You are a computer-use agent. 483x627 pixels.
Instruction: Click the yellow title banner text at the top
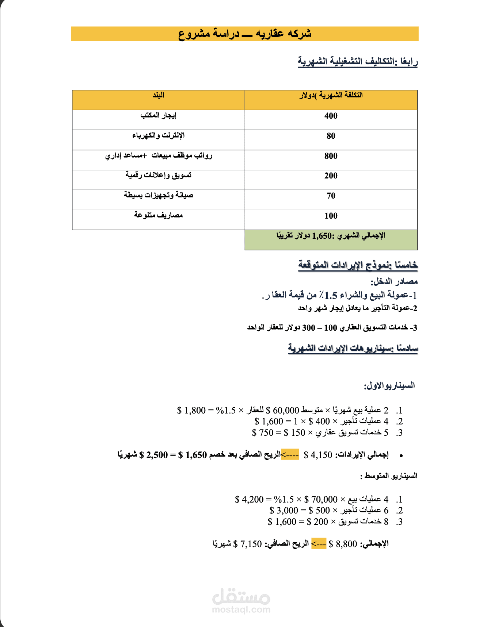(x=244, y=34)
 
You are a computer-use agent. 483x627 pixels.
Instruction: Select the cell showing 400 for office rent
(x=331, y=116)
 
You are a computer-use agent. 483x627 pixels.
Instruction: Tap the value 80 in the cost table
(x=331, y=136)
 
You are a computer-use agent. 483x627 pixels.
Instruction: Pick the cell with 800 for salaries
(x=331, y=156)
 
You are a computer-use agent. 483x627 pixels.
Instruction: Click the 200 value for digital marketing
(x=331, y=176)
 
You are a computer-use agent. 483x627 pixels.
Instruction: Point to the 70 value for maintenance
(x=331, y=196)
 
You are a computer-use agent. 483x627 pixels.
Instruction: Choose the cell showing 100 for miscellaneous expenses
(x=331, y=216)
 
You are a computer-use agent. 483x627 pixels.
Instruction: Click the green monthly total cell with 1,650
(x=331, y=236)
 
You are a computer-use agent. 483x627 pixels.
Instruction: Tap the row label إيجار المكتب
(x=158, y=116)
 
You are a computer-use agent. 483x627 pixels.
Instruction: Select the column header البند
(x=158, y=96)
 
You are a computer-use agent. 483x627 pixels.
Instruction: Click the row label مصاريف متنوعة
(x=158, y=215)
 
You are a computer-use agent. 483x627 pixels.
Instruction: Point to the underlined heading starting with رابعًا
(x=357, y=61)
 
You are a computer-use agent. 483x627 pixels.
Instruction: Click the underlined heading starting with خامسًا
(x=358, y=265)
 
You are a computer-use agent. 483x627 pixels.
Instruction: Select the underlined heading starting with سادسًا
(x=353, y=348)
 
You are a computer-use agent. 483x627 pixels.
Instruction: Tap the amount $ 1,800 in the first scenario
(x=191, y=411)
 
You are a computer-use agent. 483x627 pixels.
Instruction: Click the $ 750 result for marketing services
(x=263, y=433)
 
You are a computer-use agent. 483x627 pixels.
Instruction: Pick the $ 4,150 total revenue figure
(x=318, y=455)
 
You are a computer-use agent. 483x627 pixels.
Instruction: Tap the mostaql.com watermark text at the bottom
(x=241, y=609)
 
